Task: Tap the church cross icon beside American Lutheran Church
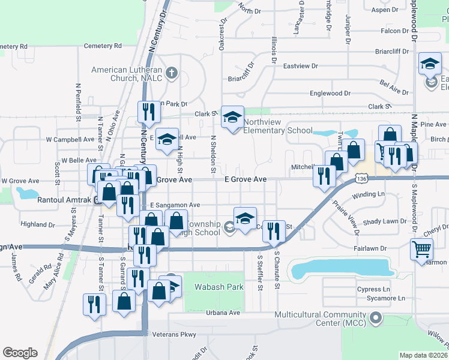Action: click(x=172, y=74)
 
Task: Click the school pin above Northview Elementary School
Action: click(x=233, y=116)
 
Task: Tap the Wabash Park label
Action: click(x=219, y=287)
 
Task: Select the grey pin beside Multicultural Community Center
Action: click(x=376, y=317)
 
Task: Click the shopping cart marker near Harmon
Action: click(x=422, y=248)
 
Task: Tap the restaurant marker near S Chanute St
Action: click(x=274, y=230)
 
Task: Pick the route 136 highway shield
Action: click(x=361, y=179)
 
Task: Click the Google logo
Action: click(x=20, y=353)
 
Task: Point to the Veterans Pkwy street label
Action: click(x=174, y=334)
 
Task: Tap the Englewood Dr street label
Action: click(x=330, y=94)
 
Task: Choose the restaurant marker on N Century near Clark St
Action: click(x=147, y=111)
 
